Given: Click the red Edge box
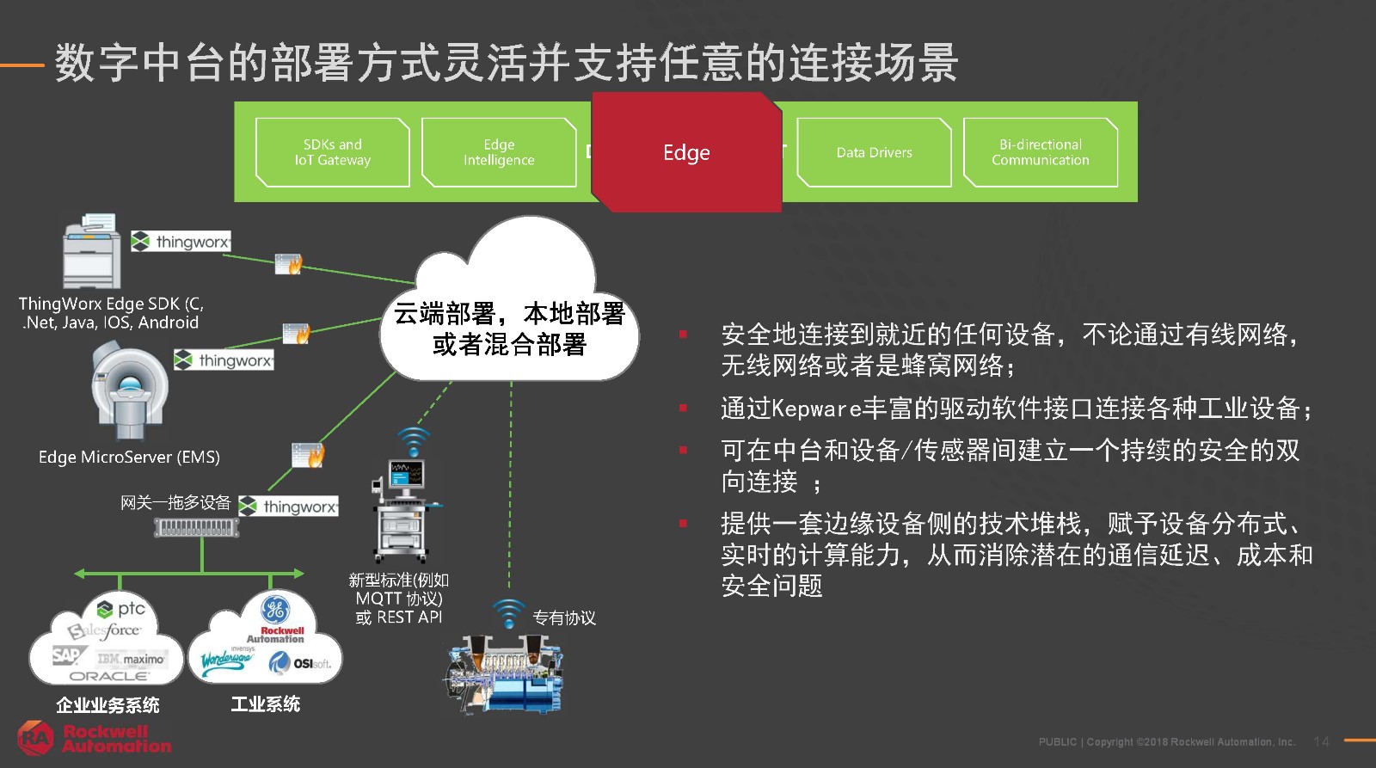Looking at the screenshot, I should (x=686, y=153).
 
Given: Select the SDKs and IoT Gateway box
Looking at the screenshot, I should (x=333, y=152).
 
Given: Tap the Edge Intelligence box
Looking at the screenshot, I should (x=499, y=152).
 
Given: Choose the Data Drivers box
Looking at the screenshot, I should (x=874, y=152).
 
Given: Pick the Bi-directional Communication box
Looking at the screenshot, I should (x=1040, y=152).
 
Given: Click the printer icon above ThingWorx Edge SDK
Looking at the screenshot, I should (x=92, y=252).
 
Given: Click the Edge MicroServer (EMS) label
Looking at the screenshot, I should (x=129, y=458).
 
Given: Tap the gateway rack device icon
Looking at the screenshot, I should (x=197, y=526).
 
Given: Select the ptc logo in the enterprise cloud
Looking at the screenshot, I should (x=121, y=609).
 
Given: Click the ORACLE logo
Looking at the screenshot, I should (x=108, y=676).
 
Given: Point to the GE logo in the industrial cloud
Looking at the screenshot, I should (x=275, y=610).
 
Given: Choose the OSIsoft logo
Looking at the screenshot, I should (x=300, y=663).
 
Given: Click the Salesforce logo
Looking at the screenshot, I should (x=104, y=631).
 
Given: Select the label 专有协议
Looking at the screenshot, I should (x=563, y=617).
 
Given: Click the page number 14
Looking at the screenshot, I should (x=1321, y=741).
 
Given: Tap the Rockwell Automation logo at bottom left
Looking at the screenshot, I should (x=95, y=739).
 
